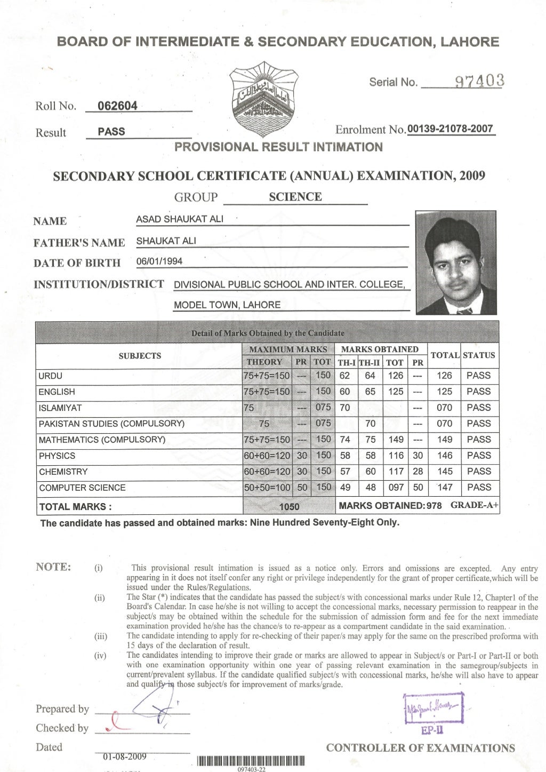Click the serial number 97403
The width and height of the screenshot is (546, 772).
[x=478, y=82]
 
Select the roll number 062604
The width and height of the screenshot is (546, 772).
[x=117, y=106]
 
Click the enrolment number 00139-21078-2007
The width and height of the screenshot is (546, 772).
[x=450, y=129]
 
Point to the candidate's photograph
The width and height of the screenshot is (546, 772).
[x=456, y=262]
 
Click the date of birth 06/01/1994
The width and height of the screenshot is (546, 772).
[x=159, y=261]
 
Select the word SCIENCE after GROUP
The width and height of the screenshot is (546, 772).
[x=295, y=197]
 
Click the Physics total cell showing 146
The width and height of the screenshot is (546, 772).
[x=444, y=456]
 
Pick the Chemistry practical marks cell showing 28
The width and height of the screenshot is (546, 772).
[x=417, y=472]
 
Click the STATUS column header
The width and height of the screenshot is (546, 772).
[x=479, y=355]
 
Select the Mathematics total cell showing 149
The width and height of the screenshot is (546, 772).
[x=444, y=440]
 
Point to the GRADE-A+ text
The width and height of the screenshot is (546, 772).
[x=475, y=505]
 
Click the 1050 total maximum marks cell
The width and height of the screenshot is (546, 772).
[x=290, y=507]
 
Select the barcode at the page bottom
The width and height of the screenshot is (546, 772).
[x=251, y=761]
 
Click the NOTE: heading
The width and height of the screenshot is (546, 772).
[x=53, y=567]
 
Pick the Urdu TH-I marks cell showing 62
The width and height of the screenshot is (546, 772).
[x=345, y=376]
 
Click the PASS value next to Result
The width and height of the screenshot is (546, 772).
[x=111, y=132]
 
